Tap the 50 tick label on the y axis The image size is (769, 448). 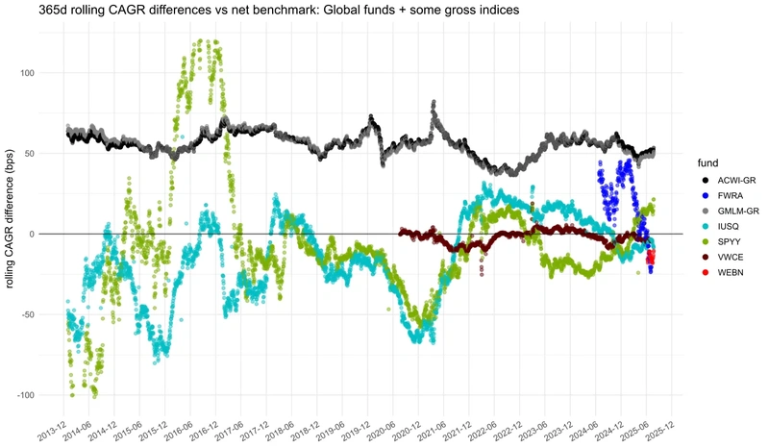pos(38,154)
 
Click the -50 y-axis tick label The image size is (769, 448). pos(37,314)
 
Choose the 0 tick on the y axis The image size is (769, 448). pos(42,234)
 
